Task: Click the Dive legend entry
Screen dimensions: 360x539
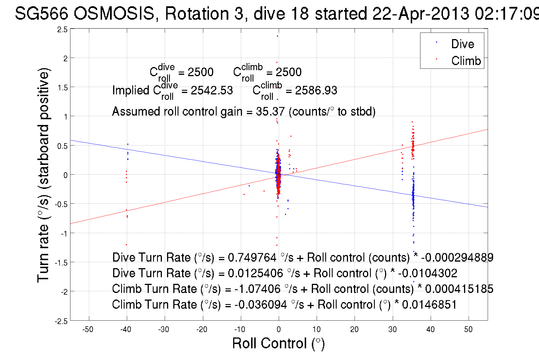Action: tap(462, 44)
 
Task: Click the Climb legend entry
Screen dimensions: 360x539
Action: tap(466, 61)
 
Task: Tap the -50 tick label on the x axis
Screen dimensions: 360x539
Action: tap(88, 329)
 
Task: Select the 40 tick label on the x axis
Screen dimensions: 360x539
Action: tap(430, 329)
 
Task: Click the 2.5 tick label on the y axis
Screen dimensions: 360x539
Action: tap(63, 30)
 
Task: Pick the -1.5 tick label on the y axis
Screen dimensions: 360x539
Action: tap(61, 263)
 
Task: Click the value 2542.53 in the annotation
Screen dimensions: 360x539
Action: tap(212, 90)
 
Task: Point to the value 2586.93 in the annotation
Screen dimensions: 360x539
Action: tap(316, 90)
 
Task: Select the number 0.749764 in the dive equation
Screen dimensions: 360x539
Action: tap(252, 258)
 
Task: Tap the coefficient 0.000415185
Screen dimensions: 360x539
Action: tap(459, 289)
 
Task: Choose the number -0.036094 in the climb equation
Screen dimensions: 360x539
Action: tap(261, 305)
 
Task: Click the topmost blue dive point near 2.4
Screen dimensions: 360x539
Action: tap(277, 36)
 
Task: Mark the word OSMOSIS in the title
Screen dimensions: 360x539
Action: tap(114, 13)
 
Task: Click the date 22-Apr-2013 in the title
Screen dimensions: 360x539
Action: tap(420, 13)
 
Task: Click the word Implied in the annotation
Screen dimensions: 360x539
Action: tap(131, 90)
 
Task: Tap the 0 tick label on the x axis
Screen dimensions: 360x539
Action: tap(279, 329)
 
